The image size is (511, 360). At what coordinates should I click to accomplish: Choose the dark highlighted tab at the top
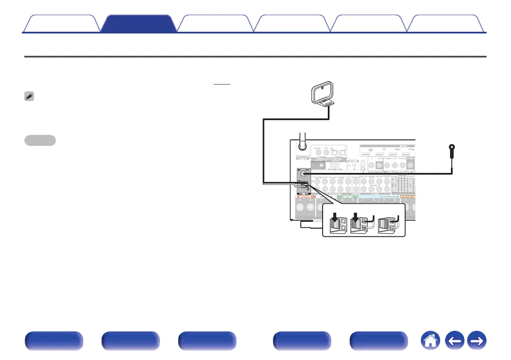[139, 24]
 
